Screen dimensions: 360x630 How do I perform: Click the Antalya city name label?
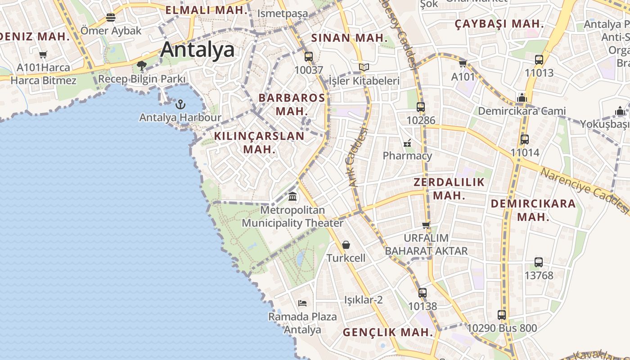click(198, 49)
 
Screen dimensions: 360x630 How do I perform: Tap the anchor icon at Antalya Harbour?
click(180, 105)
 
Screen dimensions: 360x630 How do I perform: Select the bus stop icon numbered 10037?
click(309, 57)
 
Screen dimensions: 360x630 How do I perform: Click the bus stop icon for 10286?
click(421, 107)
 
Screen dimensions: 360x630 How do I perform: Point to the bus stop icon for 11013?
click(539, 59)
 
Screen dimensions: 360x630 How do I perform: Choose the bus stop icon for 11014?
click(525, 139)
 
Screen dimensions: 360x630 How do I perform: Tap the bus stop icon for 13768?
click(539, 262)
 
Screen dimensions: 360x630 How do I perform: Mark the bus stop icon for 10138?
click(423, 293)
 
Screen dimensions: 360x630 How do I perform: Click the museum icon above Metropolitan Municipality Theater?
click(292, 197)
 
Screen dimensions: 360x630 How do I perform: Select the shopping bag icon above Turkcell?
click(346, 245)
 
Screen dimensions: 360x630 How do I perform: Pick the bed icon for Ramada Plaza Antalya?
click(302, 303)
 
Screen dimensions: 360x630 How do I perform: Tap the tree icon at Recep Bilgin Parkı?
click(142, 66)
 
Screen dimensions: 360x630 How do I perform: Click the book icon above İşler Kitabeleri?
click(364, 67)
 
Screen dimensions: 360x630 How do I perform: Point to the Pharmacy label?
click(407, 156)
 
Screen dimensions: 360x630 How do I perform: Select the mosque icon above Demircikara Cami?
click(522, 98)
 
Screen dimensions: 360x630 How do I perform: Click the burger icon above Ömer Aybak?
click(111, 18)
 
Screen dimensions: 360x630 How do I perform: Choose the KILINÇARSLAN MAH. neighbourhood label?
click(259, 142)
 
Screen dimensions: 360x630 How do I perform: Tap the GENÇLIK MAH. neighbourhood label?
click(388, 333)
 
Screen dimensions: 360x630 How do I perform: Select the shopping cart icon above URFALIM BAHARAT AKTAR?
click(426, 225)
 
